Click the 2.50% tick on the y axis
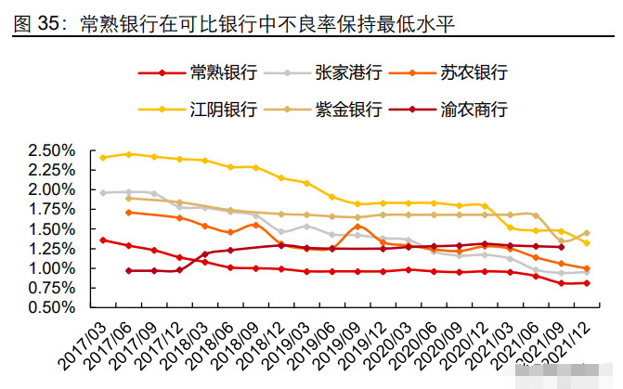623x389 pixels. [x=51, y=150]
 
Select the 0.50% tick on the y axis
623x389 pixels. [x=51, y=307]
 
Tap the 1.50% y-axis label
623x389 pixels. [x=51, y=229]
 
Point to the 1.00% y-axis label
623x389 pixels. [x=51, y=268]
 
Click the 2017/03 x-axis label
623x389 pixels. [x=81, y=344]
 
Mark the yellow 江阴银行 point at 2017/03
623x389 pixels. [x=103, y=157]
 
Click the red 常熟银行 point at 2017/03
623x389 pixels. [x=103, y=240]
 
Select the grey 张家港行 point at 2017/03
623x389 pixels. [x=103, y=192]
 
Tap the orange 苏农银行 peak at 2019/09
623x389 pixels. [x=357, y=226]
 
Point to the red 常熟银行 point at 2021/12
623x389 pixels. [x=586, y=283]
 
